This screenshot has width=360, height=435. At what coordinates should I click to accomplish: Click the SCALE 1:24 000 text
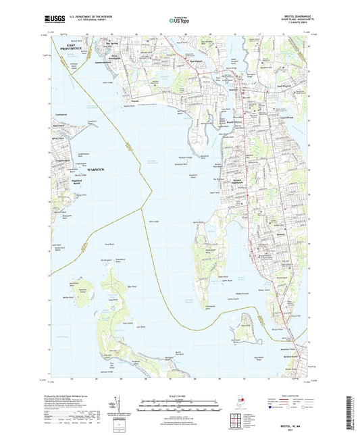click(x=180, y=396)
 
